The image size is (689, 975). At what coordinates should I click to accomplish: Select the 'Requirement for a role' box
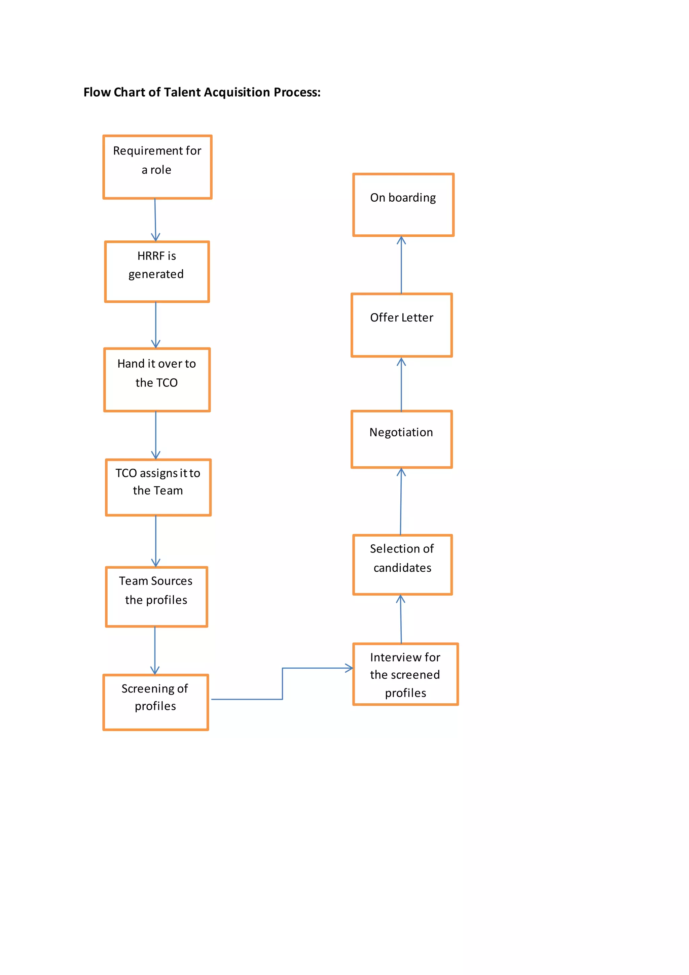157,167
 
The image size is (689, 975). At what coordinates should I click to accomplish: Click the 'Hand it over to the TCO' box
157,380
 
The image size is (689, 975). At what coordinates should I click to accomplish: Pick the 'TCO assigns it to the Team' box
158,487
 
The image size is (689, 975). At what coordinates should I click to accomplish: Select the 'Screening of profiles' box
156,702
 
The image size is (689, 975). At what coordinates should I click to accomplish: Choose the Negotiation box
402,439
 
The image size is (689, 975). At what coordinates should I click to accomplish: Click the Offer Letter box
402,325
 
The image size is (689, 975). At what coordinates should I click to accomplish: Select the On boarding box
403,205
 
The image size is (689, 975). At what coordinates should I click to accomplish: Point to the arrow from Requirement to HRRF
155,220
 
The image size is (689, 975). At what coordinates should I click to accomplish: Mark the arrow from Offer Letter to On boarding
401,265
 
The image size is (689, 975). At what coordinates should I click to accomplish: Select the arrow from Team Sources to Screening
155,650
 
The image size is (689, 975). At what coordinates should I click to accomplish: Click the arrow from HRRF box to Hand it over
156,325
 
